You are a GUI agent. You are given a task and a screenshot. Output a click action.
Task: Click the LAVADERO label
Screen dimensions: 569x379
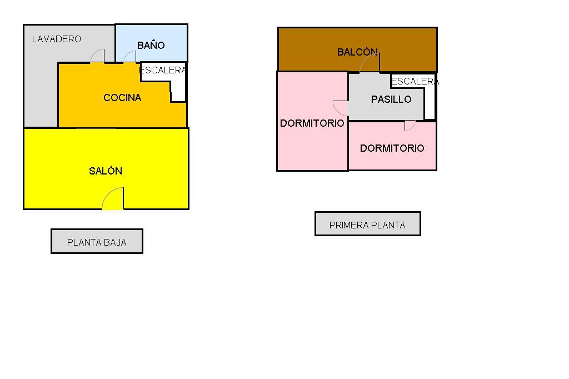click(x=56, y=39)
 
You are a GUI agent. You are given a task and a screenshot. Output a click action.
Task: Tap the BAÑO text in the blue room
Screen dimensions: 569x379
click(x=151, y=46)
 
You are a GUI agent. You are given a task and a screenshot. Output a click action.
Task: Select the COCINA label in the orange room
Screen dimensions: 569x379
click(x=122, y=98)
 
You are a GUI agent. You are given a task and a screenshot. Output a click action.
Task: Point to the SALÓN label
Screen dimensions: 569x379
click(x=106, y=171)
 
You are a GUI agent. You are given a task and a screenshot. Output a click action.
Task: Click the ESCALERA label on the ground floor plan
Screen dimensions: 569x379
click(x=162, y=71)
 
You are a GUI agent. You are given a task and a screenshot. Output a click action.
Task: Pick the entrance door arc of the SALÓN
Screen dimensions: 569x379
click(x=113, y=198)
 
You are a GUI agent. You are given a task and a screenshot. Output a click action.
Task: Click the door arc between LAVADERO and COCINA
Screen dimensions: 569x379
click(x=97, y=56)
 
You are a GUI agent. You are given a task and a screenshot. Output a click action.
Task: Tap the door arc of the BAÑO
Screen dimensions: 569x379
click(x=129, y=57)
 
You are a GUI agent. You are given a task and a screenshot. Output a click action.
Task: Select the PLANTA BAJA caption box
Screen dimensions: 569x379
click(x=97, y=242)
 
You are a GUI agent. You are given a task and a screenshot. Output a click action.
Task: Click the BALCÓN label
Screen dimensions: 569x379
click(x=357, y=52)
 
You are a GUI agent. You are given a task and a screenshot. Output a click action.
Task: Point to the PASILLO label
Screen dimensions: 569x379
click(x=391, y=99)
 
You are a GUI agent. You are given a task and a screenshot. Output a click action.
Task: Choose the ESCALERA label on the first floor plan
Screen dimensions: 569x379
click(x=415, y=82)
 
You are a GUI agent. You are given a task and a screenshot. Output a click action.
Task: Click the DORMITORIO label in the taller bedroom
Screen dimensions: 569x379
click(x=312, y=123)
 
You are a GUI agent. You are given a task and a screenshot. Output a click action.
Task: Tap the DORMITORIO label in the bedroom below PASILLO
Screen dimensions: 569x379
click(x=392, y=148)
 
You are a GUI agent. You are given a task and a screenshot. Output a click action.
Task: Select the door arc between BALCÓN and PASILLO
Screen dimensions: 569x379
click(x=369, y=63)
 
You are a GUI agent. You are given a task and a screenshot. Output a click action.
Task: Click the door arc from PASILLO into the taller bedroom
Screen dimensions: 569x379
click(x=340, y=107)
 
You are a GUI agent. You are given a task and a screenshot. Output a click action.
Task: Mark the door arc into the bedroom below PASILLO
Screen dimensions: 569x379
click(x=410, y=126)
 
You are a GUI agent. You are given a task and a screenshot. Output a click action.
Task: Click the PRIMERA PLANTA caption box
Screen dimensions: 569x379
click(x=367, y=225)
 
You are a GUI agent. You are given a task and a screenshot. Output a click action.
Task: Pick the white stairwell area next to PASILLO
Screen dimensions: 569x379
click(x=430, y=103)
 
